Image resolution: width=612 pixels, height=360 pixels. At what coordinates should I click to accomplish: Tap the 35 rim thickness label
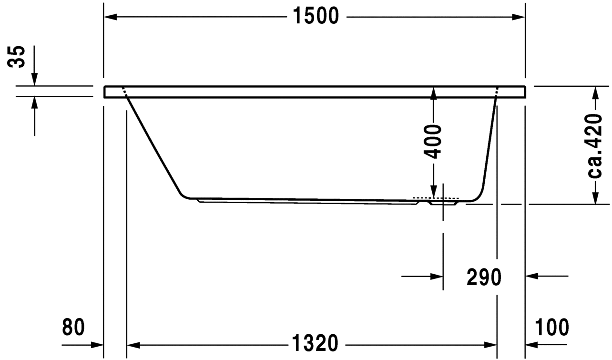pyautogui.click(x=18, y=57)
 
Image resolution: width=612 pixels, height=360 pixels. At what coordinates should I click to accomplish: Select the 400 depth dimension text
pyautogui.click(x=433, y=141)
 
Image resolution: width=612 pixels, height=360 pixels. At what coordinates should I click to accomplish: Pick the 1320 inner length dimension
pyautogui.click(x=316, y=343)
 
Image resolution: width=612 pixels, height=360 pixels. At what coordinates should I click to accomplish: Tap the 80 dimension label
pyautogui.click(x=73, y=328)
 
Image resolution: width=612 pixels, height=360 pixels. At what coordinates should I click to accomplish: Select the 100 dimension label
pyautogui.click(x=552, y=328)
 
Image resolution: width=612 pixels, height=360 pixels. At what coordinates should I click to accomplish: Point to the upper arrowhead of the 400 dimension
pyautogui.click(x=433, y=93)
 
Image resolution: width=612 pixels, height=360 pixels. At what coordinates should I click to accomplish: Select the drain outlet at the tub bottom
pyautogui.click(x=443, y=202)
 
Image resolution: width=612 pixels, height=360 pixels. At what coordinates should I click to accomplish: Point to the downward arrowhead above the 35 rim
pyautogui.click(x=34, y=80)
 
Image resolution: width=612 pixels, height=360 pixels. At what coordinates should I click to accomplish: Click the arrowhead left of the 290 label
pyautogui.click(x=437, y=276)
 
